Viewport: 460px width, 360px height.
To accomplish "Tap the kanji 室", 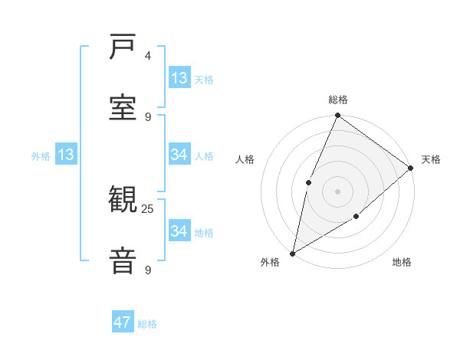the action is [x=123, y=106].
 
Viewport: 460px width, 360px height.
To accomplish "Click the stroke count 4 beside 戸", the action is [x=147, y=56].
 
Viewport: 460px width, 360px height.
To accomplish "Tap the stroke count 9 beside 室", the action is [x=147, y=117].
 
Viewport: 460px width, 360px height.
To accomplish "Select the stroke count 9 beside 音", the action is [x=147, y=270].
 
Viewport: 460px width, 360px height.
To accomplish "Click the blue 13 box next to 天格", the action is [x=179, y=78].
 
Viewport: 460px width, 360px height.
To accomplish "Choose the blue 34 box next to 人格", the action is [x=179, y=155].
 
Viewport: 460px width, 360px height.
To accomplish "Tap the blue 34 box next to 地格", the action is [x=179, y=231].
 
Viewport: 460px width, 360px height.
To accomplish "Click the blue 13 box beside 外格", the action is [x=65, y=155].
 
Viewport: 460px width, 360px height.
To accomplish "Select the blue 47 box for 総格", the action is [x=123, y=322].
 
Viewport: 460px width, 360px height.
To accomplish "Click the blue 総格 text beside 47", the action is [x=147, y=324].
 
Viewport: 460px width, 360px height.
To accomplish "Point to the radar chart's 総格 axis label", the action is [x=338, y=100].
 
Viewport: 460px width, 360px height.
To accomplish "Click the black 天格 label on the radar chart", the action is [x=431, y=159].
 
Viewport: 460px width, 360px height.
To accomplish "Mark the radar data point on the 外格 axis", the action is [x=292, y=253].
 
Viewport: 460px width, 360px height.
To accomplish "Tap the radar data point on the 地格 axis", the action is [x=356, y=217].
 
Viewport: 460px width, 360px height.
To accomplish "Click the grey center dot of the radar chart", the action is [x=337, y=191].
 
